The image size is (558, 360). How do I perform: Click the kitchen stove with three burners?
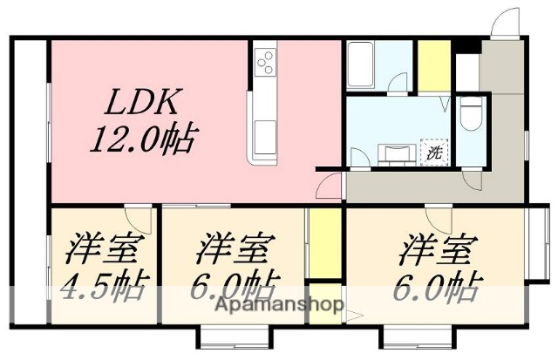[x=265, y=61]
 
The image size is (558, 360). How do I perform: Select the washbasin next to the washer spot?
[x=397, y=153]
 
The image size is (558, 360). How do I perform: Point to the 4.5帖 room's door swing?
[x=138, y=214]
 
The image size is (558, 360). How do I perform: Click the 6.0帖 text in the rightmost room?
[x=441, y=285]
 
